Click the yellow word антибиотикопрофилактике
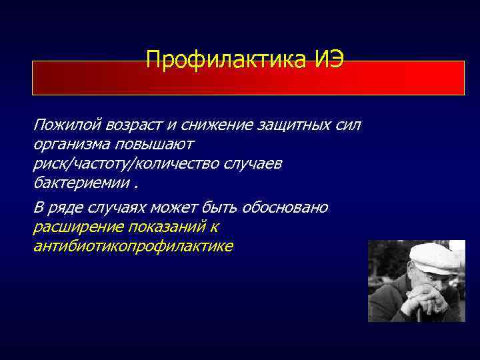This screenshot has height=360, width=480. pyautogui.click(x=133, y=247)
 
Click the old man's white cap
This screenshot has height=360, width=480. pyautogui.click(x=433, y=256)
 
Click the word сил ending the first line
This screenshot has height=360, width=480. pyautogui.click(x=347, y=125)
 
